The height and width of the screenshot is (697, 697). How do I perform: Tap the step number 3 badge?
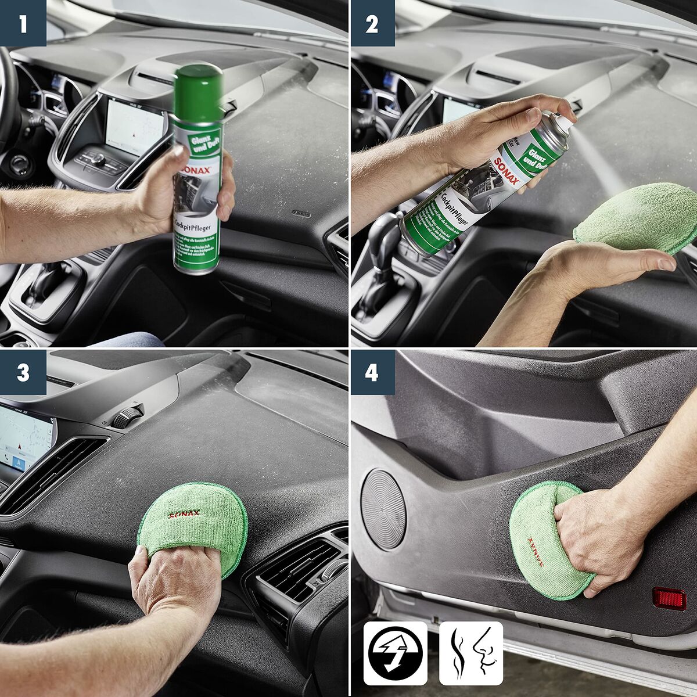click(x=23, y=372)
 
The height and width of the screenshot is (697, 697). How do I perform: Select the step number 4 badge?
click(x=372, y=372)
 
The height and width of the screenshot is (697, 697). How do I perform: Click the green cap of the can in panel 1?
click(x=199, y=93)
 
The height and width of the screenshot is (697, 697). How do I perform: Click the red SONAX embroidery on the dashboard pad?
click(x=184, y=514)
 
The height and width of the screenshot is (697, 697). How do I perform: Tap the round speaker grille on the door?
click(x=383, y=509)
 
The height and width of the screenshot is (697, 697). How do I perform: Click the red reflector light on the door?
click(x=669, y=598)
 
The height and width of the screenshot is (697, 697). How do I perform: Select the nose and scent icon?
click(x=471, y=653)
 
